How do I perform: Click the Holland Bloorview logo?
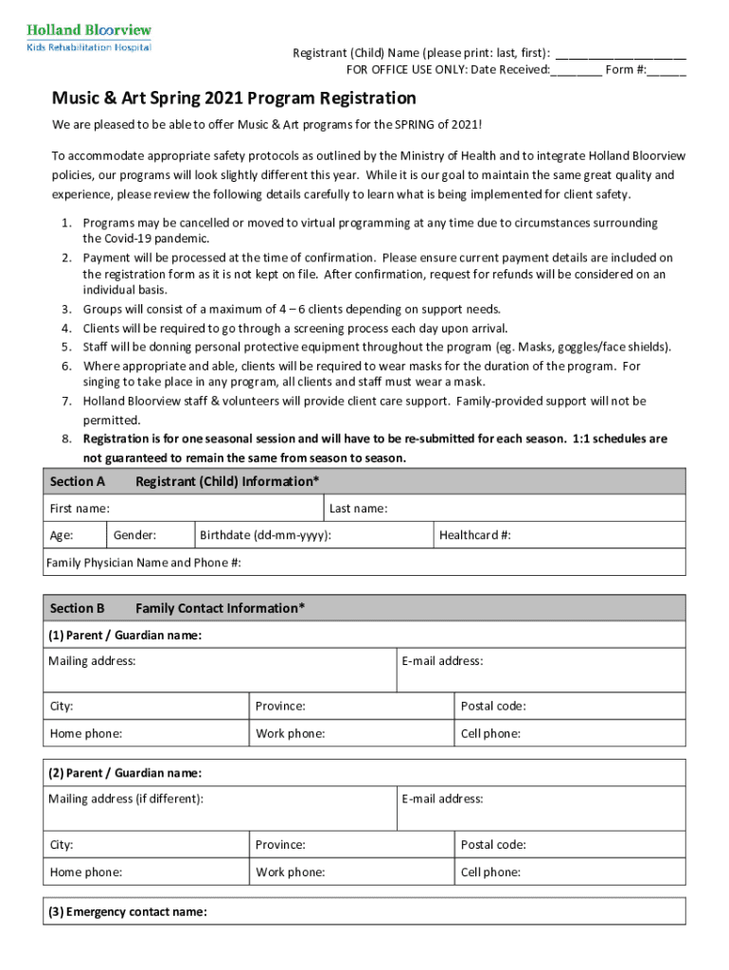89,37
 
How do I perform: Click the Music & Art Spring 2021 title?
234,99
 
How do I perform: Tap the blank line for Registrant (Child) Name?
621,54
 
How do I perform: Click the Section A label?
78,481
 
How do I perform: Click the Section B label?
78,608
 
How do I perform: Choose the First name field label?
80,509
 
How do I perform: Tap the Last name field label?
358,509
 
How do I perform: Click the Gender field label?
135,535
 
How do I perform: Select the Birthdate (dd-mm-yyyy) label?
265,535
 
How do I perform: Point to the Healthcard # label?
475,535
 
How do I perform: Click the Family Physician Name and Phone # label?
144,563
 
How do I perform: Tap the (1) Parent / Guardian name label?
125,635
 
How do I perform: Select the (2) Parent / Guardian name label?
125,773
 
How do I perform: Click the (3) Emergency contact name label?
128,912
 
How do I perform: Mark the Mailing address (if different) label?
126,799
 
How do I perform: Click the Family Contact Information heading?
220,608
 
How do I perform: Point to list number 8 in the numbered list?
68,440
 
